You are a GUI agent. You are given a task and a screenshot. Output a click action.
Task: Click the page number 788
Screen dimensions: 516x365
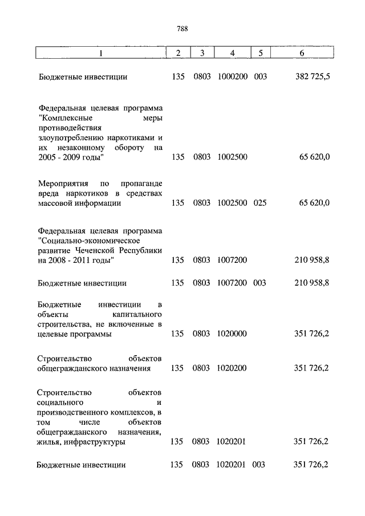pos(182,29)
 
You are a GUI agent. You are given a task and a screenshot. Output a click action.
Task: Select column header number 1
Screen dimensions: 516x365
pos(101,53)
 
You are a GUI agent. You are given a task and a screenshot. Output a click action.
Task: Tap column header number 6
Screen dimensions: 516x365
pos(301,53)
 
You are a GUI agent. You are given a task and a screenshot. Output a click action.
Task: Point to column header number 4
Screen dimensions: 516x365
pos(232,53)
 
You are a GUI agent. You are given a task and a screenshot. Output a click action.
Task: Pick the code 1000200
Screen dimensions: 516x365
pos(232,76)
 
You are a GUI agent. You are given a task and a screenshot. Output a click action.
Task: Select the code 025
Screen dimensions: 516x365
pos(260,202)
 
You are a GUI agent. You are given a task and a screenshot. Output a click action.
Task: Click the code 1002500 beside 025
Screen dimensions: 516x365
pos(232,202)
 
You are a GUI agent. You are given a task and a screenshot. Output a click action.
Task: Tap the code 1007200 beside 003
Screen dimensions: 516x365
pos(232,282)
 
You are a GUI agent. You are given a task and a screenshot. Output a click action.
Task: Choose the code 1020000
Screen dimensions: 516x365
pos(232,335)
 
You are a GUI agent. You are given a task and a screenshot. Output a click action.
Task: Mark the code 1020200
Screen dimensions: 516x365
pos(232,368)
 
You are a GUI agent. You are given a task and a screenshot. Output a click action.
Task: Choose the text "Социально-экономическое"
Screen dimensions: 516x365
pos(84,241)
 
